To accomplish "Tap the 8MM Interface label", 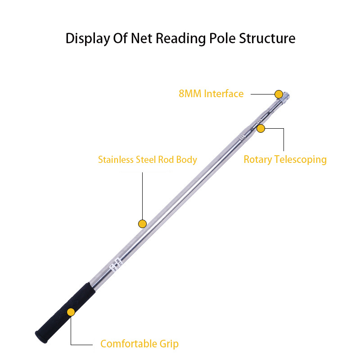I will tap(211, 94).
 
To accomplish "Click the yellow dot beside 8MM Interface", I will tap(279, 94).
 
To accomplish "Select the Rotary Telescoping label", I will tap(285, 160).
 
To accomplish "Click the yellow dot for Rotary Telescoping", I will tap(261, 128).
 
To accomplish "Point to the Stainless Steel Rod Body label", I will tap(148, 160).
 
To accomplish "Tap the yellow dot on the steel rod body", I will tap(142, 224).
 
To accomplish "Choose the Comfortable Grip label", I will tap(139, 344).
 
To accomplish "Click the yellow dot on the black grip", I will tap(71, 312).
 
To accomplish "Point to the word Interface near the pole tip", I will tap(223, 94).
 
